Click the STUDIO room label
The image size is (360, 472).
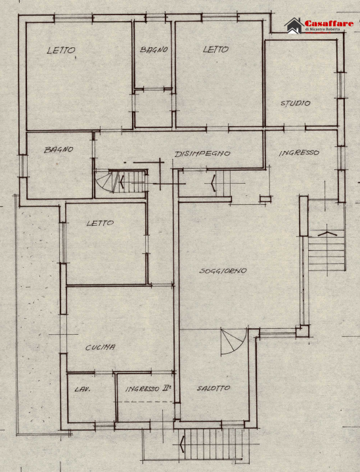click(x=295, y=103)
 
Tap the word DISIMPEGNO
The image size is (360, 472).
click(x=202, y=154)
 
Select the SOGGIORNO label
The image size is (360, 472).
click(x=223, y=271)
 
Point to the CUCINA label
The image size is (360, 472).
click(x=101, y=347)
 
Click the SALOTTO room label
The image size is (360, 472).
click(x=214, y=389)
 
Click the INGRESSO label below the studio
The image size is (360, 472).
click(x=299, y=153)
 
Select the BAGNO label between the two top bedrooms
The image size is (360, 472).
click(x=154, y=50)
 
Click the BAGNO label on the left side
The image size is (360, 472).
click(x=58, y=150)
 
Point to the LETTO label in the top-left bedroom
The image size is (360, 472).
click(x=61, y=51)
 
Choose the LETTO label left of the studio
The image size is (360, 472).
click(x=215, y=49)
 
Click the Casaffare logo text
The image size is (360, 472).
click(x=329, y=24)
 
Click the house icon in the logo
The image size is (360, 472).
click(x=294, y=26)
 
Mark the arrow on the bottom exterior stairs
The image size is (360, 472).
click(x=182, y=444)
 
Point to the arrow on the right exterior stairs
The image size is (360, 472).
click(x=326, y=234)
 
